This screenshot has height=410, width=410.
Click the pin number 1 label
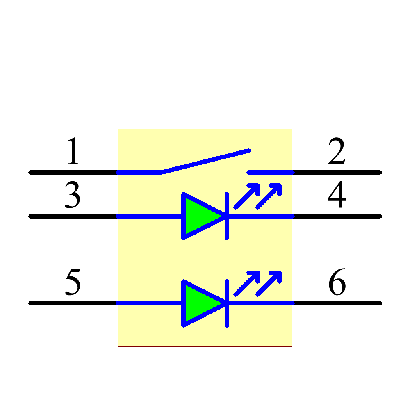(x=73, y=152)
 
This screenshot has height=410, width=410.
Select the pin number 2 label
(x=337, y=152)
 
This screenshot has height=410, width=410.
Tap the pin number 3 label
(x=73, y=196)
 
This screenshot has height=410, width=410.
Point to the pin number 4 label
(x=337, y=196)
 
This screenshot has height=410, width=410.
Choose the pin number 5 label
(x=73, y=282)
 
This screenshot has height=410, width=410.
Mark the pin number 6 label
(x=337, y=282)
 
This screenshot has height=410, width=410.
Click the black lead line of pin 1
(x=74, y=172)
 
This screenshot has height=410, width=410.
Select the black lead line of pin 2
(x=337, y=172)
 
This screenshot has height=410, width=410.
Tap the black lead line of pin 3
(x=74, y=216)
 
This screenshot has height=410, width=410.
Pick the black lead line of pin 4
(x=337, y=216)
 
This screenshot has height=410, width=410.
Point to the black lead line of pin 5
(x=74, y=303)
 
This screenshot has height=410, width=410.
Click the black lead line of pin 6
(x=337, y=303)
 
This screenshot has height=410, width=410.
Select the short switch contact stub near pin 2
(x=271, y=172)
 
